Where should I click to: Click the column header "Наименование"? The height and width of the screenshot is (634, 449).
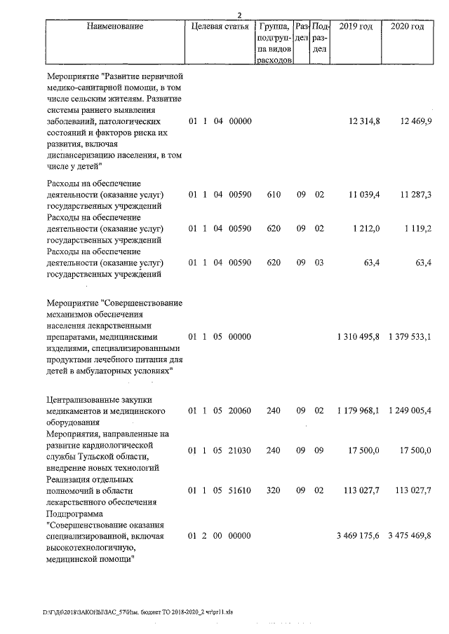pos(115,27)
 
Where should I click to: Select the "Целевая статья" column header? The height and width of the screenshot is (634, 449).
pos(220,27)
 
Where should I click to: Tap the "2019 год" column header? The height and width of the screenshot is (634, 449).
pos(355,27)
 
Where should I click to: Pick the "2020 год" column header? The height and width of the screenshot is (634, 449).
pos(406,27)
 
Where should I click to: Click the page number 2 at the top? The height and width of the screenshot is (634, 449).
pos(239,15)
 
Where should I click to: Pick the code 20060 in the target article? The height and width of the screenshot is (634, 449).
pos(240,410)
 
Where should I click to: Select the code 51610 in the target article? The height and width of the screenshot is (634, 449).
pos(240,490)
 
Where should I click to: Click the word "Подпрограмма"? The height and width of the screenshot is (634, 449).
pos(74,514)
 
